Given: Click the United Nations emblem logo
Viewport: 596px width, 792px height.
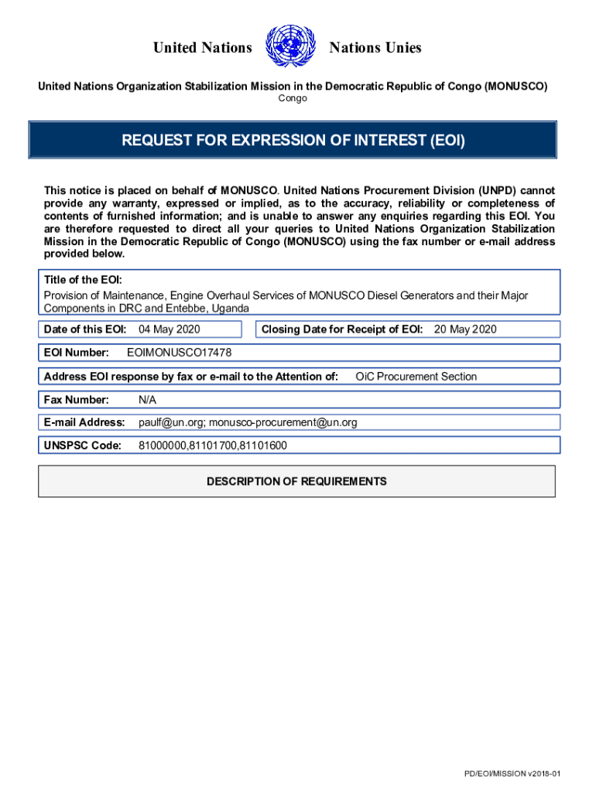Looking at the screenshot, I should (290, 47).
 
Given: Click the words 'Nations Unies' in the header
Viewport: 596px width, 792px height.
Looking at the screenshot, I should (375, 48).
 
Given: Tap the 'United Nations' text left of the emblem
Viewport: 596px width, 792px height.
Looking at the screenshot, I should (203, 48).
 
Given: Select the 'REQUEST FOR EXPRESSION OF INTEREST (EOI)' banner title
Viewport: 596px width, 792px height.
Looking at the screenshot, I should (293, 141).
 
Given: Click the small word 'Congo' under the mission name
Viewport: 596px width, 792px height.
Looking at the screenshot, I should (293, 98).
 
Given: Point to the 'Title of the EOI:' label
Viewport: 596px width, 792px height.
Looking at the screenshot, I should (83, 280).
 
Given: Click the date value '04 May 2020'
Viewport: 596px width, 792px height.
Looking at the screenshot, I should (170, 329).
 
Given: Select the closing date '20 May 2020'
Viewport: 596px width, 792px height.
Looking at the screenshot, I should (465, 329).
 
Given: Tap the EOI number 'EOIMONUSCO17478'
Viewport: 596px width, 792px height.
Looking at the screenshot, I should (179, 353).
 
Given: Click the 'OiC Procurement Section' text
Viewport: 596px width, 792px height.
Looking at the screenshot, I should (416, 377).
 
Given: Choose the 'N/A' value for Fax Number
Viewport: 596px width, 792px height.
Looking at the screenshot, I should (147, 400).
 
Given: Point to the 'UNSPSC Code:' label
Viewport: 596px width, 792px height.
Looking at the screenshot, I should (83, 445).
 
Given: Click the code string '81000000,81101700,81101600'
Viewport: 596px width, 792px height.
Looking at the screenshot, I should (213, 445).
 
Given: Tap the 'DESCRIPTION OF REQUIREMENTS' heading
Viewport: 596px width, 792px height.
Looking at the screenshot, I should (296, 482).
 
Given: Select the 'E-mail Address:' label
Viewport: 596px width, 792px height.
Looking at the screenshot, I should (84, 422).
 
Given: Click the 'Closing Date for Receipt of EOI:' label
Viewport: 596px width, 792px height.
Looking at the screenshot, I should (342, 329).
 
